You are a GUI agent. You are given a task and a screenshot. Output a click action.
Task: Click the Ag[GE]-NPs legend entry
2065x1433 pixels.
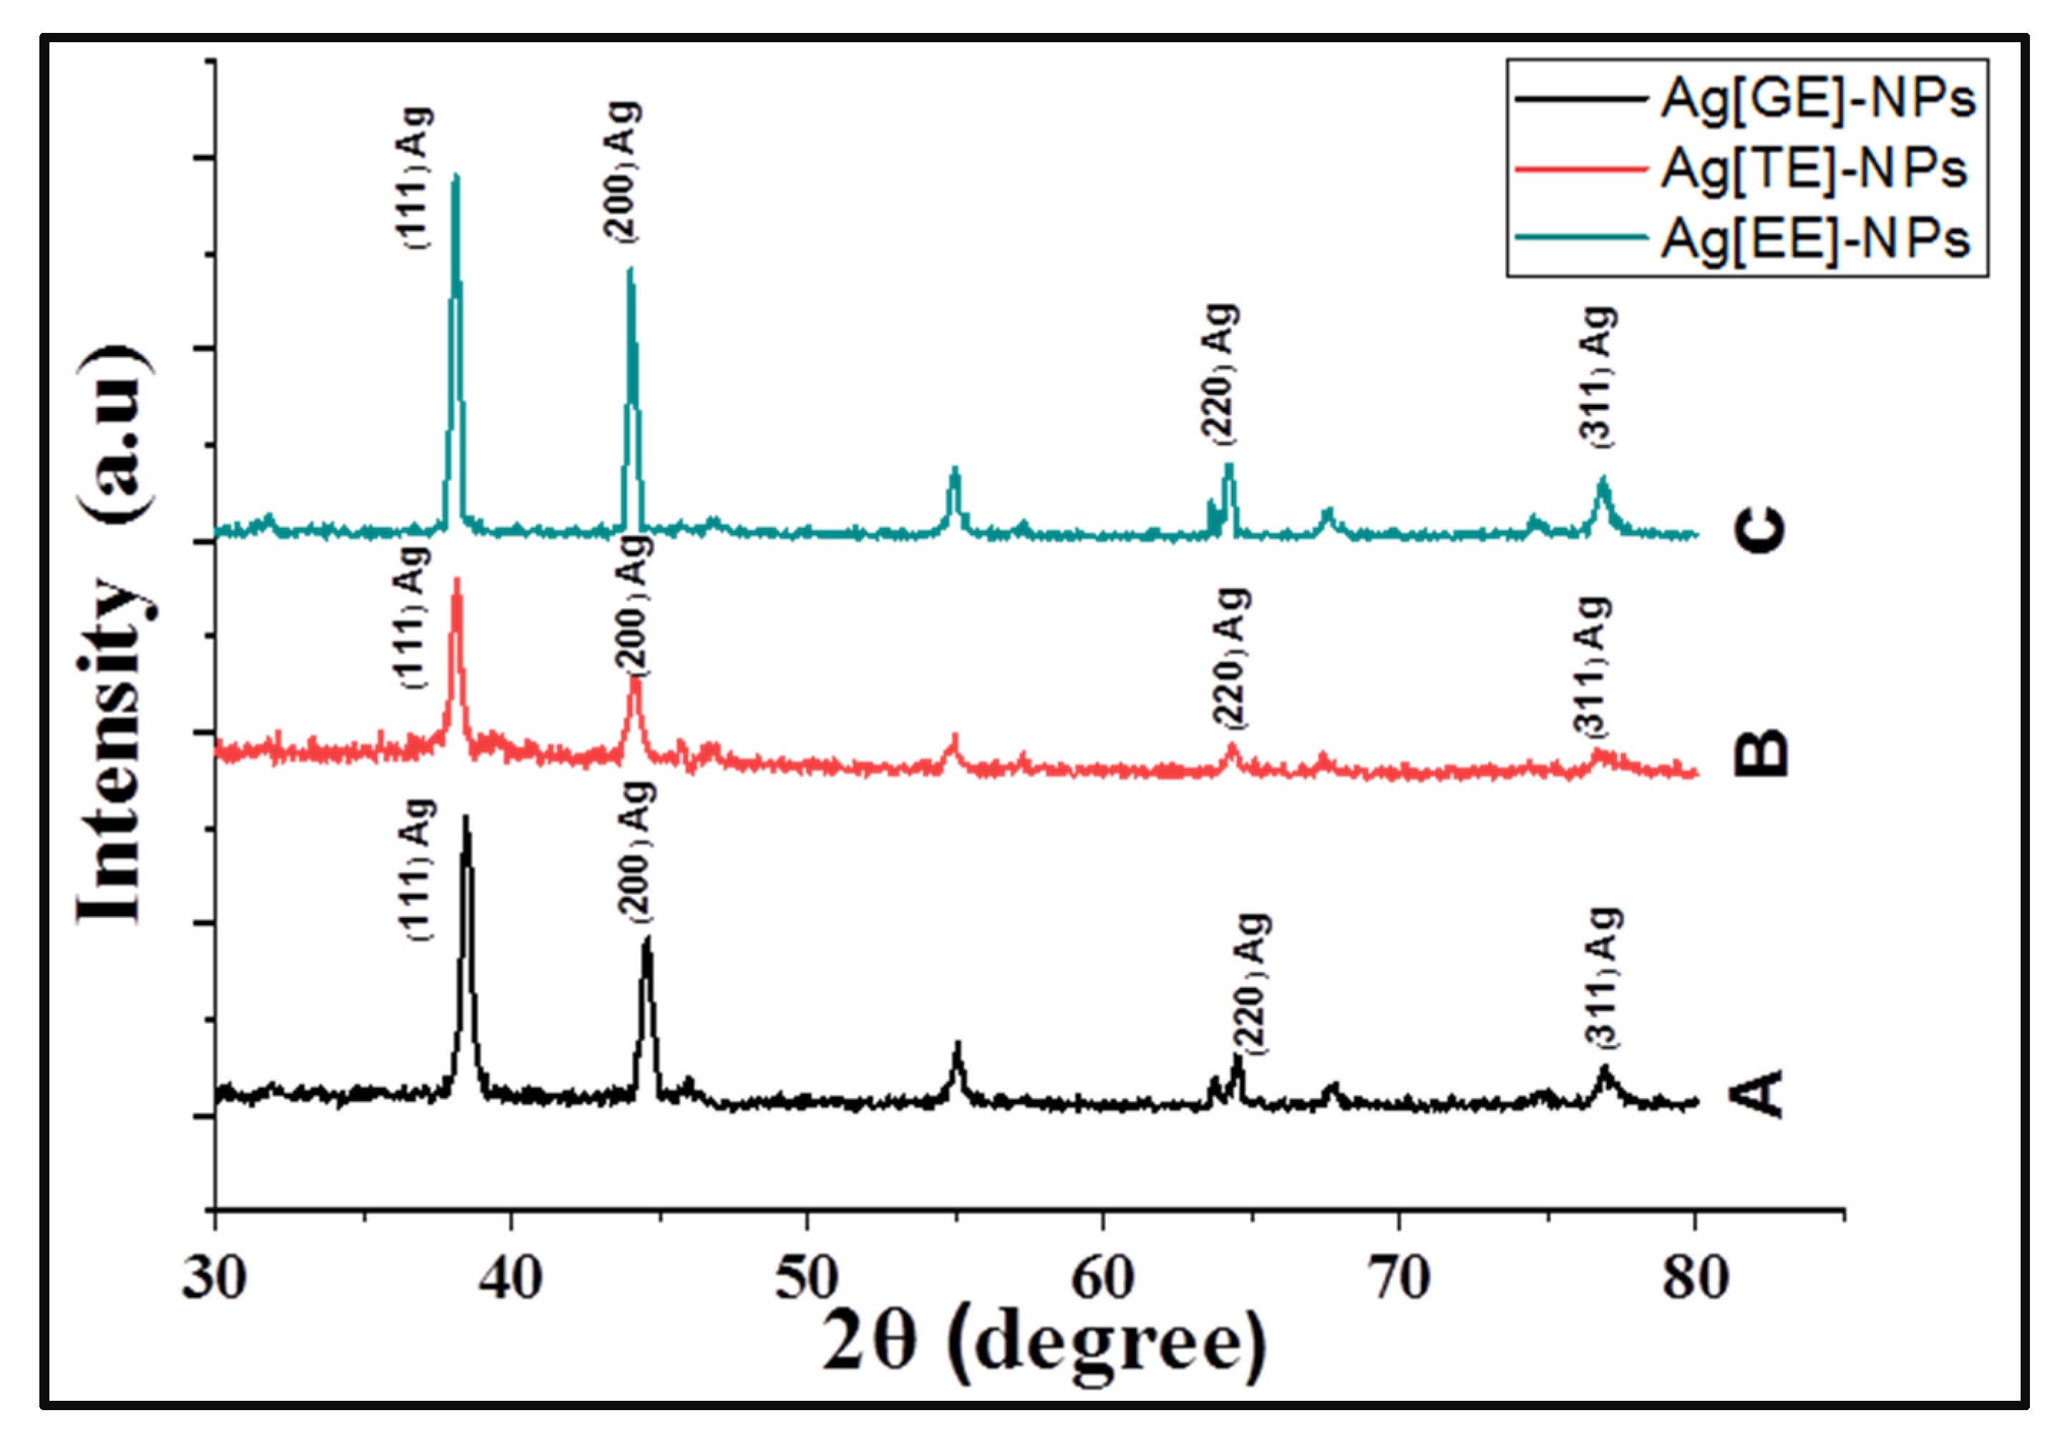[x=1817, y=98]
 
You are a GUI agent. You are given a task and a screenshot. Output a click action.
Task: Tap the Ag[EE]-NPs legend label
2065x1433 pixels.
[x=1814, y=239]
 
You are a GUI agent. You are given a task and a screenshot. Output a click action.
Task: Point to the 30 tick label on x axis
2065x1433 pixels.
[x=214, y=1277]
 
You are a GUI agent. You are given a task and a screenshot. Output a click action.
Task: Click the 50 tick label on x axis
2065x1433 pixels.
[x=806, y=1277]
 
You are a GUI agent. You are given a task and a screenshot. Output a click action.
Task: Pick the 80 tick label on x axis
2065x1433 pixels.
[x=1694, y=1277]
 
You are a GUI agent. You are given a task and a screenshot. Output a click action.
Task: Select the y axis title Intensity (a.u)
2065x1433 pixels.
[x=112, y=633]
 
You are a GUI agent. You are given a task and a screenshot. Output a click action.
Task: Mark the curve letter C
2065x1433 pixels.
[x=1759, y=528]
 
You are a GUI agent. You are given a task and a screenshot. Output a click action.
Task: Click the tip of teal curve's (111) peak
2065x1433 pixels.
[x=455, y=176]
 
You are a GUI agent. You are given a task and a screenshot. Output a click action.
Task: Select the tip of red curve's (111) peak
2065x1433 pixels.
[x=457, y=580]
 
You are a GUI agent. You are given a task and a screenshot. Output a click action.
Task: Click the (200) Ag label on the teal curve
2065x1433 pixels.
[x=623, y=170]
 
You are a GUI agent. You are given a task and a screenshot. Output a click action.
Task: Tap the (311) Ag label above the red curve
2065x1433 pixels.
[x=1592, y=665]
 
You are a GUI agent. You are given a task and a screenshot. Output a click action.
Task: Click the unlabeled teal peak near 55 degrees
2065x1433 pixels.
[x=955, y=469]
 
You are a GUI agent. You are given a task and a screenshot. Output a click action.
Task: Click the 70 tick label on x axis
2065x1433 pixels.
[x=1399, y=1277]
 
